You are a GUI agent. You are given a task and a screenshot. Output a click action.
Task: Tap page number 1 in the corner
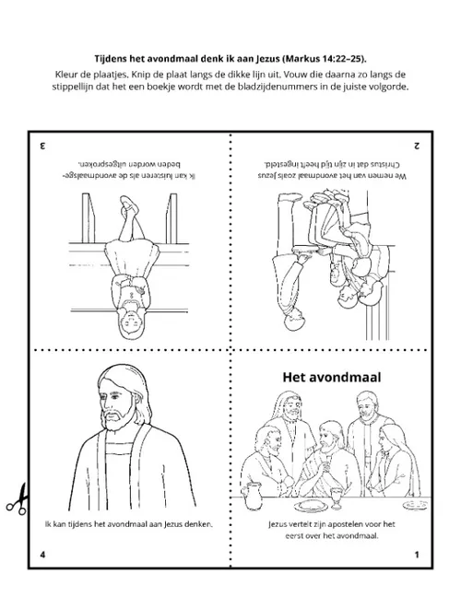(417, 555)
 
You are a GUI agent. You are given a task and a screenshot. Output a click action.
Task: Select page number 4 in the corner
(42, 555)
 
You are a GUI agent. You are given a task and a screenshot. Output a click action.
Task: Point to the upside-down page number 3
(42, 146)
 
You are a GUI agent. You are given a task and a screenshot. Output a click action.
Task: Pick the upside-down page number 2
(417, 146)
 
